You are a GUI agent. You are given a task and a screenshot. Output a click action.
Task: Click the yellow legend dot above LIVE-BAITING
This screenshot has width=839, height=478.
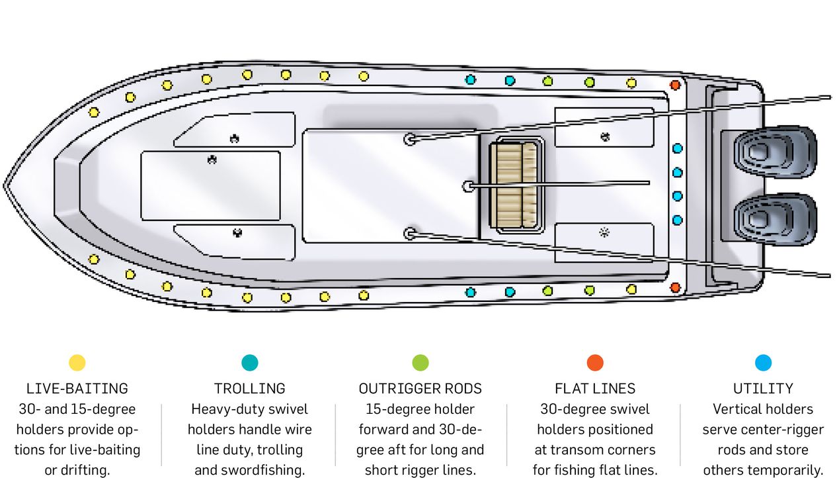coord(77,363)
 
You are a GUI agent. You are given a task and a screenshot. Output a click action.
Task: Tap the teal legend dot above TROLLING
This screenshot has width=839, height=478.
coord(250,363)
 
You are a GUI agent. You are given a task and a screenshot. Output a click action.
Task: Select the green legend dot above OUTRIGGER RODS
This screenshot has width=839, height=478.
coord(420,363)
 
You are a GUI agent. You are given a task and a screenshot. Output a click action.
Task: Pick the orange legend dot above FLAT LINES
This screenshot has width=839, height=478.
coord(595,363)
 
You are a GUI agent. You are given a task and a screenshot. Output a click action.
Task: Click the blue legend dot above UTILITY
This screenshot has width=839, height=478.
coord(763,363)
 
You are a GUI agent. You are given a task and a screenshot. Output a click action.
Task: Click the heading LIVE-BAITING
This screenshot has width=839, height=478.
coord(77,389)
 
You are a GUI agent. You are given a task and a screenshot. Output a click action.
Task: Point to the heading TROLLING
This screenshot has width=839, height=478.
coord(250,389)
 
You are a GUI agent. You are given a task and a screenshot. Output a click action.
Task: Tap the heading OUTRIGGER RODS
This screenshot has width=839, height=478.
coord(420,389)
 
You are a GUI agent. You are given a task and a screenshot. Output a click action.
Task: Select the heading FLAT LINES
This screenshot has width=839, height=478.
coord(595,389)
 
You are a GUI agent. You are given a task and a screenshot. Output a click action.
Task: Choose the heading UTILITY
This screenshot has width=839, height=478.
coord(763,389)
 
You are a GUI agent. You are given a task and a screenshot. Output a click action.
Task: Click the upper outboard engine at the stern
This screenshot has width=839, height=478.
coord(774,152)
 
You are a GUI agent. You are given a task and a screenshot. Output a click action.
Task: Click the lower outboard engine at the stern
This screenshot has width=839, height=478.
coord(774,219)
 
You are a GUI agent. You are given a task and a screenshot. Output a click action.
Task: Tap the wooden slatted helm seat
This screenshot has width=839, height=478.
coord(514,185)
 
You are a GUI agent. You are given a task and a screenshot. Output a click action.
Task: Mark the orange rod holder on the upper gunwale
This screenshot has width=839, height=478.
coord(675,85)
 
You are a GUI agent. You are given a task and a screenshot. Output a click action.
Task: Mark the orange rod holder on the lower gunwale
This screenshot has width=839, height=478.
coord(675,287)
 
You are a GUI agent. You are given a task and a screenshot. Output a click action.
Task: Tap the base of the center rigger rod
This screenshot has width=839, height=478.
coord(469,187)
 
